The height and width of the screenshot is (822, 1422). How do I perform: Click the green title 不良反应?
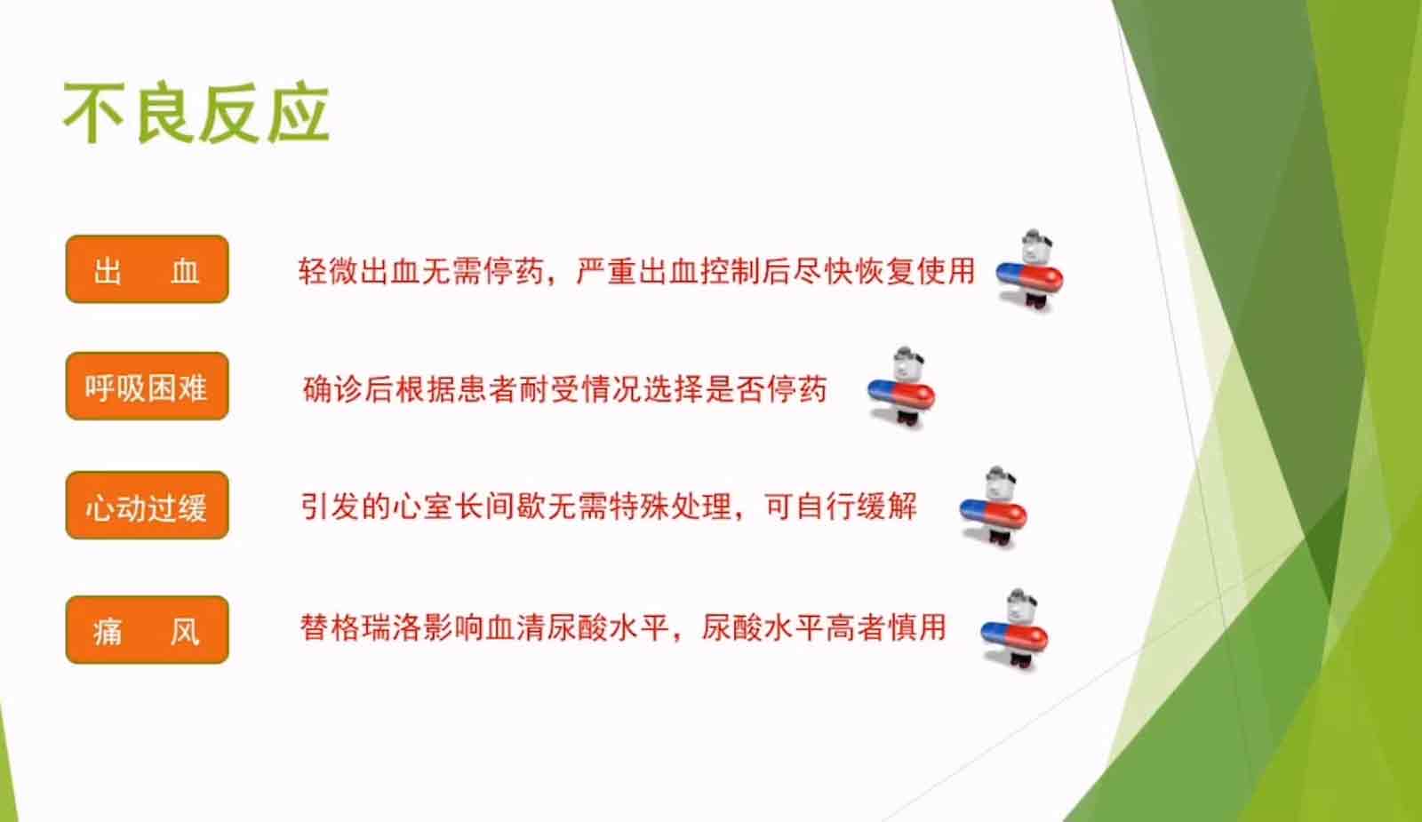click(x=196, y=114)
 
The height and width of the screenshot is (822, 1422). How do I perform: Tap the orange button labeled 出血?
click(x=148, y=269)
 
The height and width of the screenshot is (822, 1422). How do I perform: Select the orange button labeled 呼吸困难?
click(x=148, y=386)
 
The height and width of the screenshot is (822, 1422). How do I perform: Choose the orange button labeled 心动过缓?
click(x=148, y=506)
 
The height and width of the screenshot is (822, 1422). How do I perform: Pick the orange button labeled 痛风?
click(x=148, y=630)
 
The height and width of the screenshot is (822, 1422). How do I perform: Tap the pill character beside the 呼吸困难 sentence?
click(x=901, y=388)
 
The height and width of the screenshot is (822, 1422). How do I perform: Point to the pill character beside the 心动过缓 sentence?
click(x=994, y=507)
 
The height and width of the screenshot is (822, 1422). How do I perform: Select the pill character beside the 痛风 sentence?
click(x=1014, y=630)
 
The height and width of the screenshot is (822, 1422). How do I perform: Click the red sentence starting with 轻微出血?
click(x=636, y=272)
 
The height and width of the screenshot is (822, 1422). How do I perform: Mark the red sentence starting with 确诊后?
click(x=565, y=389)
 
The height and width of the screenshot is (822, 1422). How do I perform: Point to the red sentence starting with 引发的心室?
click(x=609, y=507)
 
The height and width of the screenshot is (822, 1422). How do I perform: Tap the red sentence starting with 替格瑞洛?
click(x=623, y=627)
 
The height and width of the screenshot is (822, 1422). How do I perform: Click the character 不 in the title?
click(x=93, y=114)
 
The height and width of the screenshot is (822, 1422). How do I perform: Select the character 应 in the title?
click(x=299, y=114)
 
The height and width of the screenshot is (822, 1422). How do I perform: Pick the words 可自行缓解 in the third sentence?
click(x=841, y=507)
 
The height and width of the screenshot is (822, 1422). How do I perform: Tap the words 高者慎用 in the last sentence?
click(x=885, y=627)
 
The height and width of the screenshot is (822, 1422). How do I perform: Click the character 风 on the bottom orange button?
click(x=185, y=632)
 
